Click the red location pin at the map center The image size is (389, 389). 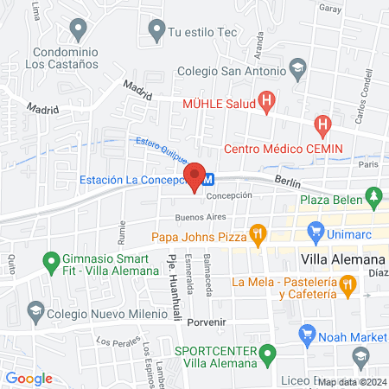point(194,175)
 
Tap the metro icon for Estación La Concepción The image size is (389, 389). point(208,181)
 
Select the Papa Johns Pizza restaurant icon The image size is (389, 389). point(257,233)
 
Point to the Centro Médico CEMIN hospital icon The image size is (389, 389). point(323,126)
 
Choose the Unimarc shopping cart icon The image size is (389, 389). point(315,233)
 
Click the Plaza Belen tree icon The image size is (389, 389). point(373,200)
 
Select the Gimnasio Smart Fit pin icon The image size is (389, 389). point(49,259)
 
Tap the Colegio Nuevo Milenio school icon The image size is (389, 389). point(35,309)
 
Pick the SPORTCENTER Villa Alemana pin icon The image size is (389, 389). point(269,353)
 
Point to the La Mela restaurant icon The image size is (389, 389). point(348,283)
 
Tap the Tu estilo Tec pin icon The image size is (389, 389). point(156,32)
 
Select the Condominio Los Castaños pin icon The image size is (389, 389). point(79,30)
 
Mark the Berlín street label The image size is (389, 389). point(287,181)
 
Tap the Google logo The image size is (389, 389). point(29,378)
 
